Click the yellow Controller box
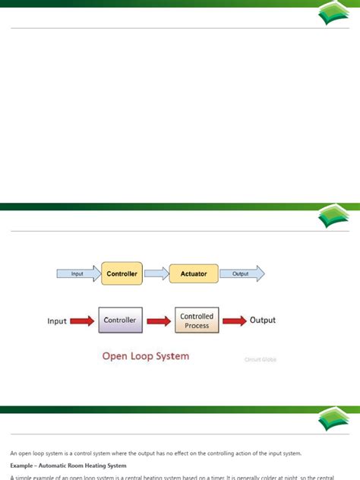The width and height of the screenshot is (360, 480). (122, 273)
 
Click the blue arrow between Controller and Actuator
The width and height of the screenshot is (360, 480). (156, 273)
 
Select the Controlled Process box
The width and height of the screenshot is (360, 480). (197, 321)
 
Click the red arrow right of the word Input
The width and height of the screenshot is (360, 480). (83, 321)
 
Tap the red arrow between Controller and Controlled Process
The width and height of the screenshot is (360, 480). (159, 321)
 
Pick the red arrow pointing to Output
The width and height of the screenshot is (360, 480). (233, 321)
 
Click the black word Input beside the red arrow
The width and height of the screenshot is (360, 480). (57, 321)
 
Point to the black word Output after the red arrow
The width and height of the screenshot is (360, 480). (263, 321)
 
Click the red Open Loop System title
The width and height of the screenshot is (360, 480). (146, 355)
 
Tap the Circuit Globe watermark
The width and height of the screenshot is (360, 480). (260, 359)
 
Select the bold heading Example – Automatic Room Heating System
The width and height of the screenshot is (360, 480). (69, 465)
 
